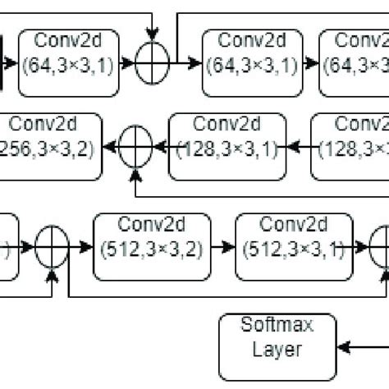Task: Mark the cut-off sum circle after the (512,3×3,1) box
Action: pyautogui.click(x=382, y=243)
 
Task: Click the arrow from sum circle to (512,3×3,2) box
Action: pyautogui.click(x=82, y=243)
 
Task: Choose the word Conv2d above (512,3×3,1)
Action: pyautogui.click(x=294, y=223)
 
